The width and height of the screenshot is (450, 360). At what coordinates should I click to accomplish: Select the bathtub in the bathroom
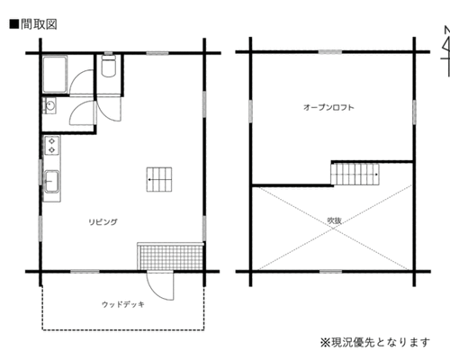(55, 75)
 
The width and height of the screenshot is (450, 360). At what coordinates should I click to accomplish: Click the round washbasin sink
(49, 105)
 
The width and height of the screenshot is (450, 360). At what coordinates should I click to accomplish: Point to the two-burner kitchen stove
(52, 145)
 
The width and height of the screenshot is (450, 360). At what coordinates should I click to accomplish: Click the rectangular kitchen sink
(52, 181)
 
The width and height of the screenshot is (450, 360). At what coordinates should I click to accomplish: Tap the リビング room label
(103, 222)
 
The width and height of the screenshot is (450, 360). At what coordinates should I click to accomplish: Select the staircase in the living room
(159, 179)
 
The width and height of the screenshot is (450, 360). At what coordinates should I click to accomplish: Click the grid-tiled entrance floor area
(171, 256)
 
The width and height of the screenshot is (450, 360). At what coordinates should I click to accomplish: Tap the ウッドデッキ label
(123, 304)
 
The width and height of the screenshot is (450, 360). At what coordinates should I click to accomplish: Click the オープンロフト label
(328, 107)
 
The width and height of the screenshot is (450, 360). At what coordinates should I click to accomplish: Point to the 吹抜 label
(334, 220)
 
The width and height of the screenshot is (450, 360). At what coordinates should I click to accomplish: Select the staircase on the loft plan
(355, 174)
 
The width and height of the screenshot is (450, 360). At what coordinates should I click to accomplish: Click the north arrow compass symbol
(446, 51)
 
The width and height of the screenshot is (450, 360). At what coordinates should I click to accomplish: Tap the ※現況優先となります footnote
(375, 342)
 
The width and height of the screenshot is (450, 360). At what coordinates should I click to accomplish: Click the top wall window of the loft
(330, 52)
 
